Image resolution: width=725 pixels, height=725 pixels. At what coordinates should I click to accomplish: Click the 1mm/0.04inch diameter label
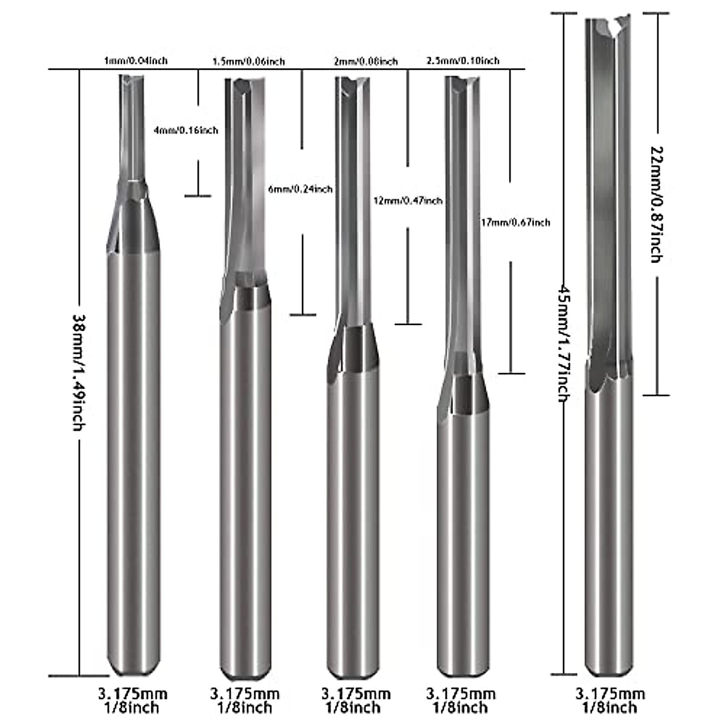click(x=136, y=60)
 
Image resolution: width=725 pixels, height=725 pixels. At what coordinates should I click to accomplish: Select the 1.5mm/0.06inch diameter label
click(x=248, y=61)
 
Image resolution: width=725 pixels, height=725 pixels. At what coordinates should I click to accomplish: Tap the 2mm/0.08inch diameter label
click(x=366, y=61)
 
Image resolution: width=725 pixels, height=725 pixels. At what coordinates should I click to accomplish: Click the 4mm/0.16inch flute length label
click(x=187, y=130)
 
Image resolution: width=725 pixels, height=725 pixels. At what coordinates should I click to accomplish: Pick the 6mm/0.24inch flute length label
click(x=300, y=189)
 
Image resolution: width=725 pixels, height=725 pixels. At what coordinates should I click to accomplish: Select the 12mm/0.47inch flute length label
click(x=408, y=201)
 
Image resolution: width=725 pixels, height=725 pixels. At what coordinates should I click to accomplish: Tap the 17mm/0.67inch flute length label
click(x=514, y=222)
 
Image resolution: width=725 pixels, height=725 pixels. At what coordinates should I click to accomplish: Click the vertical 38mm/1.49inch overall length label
click(x=79, y=372)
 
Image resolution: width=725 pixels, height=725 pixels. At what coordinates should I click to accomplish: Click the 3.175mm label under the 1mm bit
click(x=133, y=693)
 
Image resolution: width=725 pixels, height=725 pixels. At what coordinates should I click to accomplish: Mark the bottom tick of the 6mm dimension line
click(x=303, y=315)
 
